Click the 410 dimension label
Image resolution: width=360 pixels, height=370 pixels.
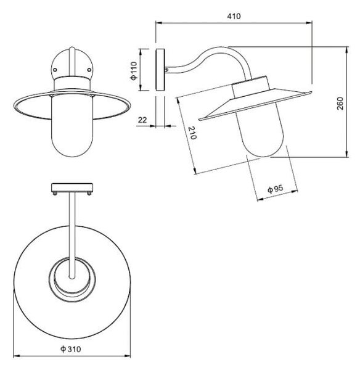tap(234, 16)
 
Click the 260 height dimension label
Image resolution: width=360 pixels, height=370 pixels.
tap(340, 103)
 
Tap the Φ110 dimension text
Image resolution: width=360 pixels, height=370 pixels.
tap(134, 70)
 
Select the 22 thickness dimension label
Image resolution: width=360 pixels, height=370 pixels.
tap(142, 120)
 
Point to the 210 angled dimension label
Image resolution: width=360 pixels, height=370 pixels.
tap(192, 133)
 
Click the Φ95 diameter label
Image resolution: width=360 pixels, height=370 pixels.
tap(276, 189)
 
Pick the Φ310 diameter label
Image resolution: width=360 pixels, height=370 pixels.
tap(70, 349)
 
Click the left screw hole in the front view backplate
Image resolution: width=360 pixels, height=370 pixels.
tap(55, 70)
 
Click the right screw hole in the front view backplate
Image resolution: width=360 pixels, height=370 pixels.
tap(89, 70)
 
